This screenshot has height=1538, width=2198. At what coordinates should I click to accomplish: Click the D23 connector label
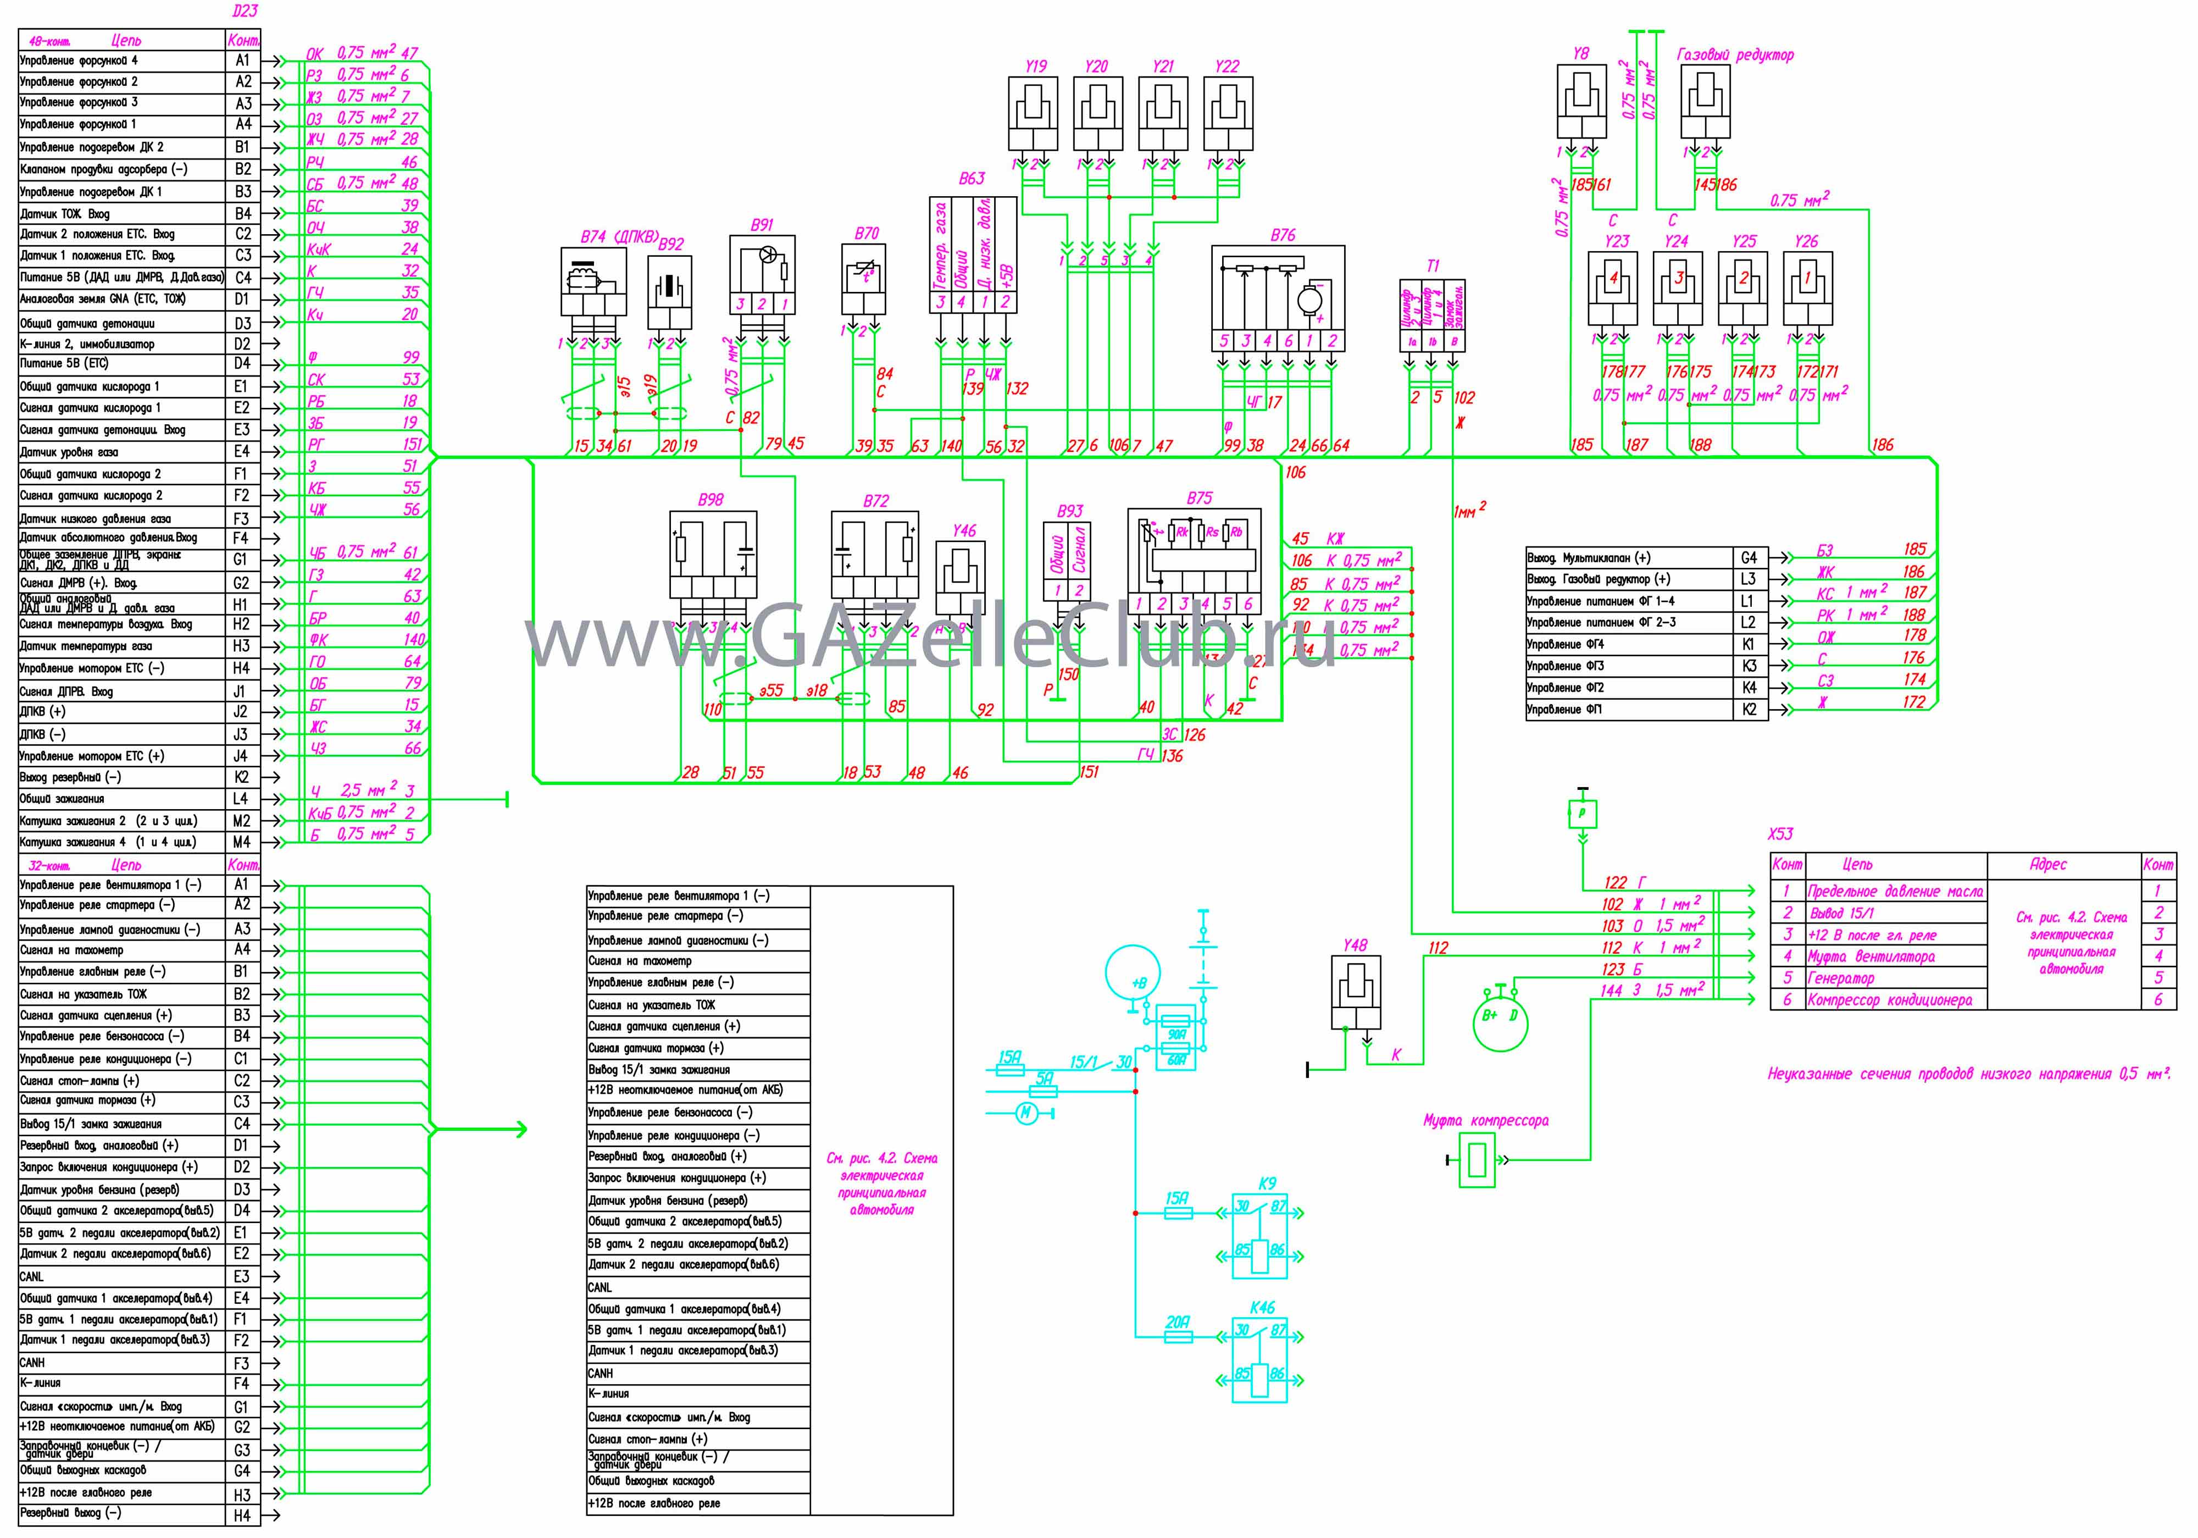[245, 12]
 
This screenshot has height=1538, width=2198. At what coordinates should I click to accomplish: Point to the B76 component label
[1283, 235]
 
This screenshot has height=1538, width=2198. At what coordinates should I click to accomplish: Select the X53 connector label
[1780, 834]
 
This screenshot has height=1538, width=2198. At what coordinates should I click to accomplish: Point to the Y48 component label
[1355, 945]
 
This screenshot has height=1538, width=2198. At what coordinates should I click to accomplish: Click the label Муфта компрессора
[1486, 1120]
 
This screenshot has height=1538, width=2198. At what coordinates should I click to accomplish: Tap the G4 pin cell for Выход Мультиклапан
[1749, 557]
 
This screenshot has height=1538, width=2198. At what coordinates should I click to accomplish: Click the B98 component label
[711, 500]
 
